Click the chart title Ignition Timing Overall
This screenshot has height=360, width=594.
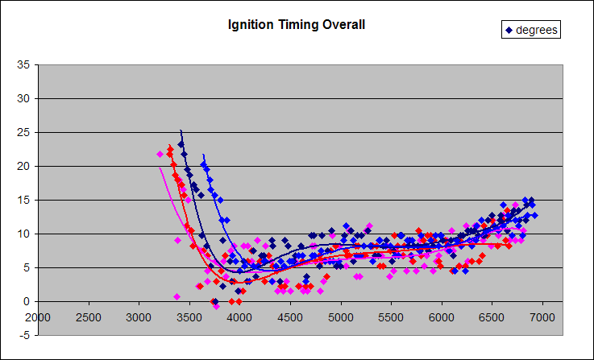point(297,25)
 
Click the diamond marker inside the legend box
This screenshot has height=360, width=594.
point(509,31)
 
